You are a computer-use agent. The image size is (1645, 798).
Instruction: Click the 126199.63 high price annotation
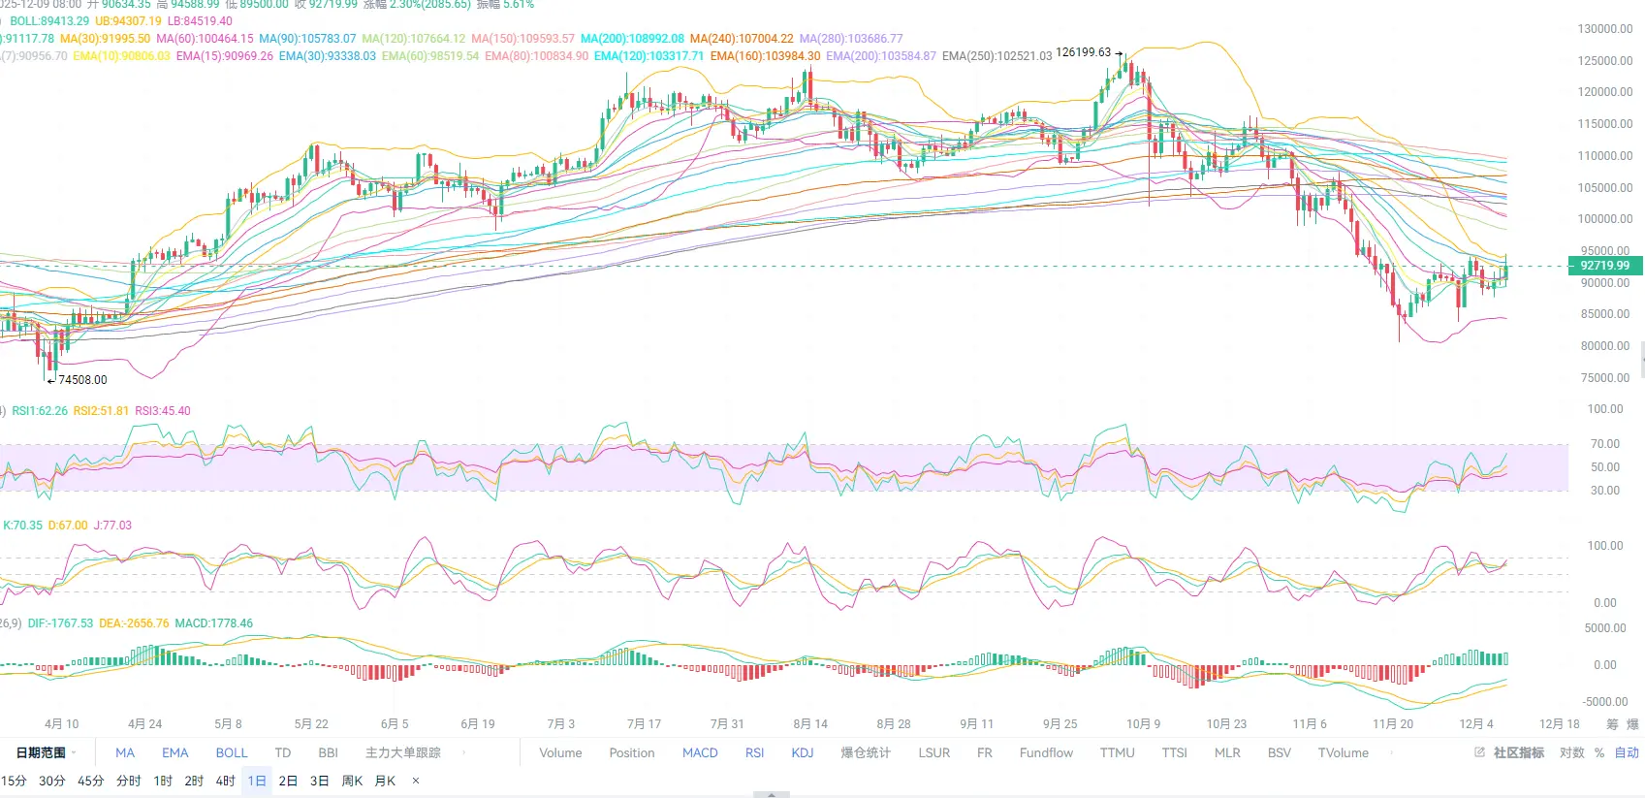[1083, 52]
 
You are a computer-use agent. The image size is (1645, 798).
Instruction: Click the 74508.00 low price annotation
[82, 380]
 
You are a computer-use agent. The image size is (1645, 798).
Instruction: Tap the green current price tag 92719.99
[1604, 266]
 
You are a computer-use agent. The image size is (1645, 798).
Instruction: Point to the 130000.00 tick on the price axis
[1605, 29]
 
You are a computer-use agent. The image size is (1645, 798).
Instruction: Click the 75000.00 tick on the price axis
[1605, 378]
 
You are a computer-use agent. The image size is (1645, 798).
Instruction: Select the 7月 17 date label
[644, 724]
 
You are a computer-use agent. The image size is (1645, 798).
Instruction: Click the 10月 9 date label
[1143, 724]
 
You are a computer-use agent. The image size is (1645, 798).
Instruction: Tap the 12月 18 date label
[1559, 724]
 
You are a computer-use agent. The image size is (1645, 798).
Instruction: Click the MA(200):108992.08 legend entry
[632, 39]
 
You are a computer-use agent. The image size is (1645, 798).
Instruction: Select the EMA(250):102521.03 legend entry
[996, 56]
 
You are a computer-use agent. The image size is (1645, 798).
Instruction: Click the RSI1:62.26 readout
[40, 411]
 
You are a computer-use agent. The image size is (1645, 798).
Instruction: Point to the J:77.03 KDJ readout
[112, 526]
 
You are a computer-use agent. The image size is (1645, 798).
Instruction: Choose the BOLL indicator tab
[232, 753]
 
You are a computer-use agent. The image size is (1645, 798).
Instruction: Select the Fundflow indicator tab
[1046, 753]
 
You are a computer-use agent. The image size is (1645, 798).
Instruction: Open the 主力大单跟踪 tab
[402, 753]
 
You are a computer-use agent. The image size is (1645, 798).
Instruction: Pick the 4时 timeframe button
[225, 782]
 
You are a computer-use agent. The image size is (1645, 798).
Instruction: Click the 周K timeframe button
[352, 782]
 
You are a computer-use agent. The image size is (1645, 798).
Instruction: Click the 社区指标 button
[1517, 753]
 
